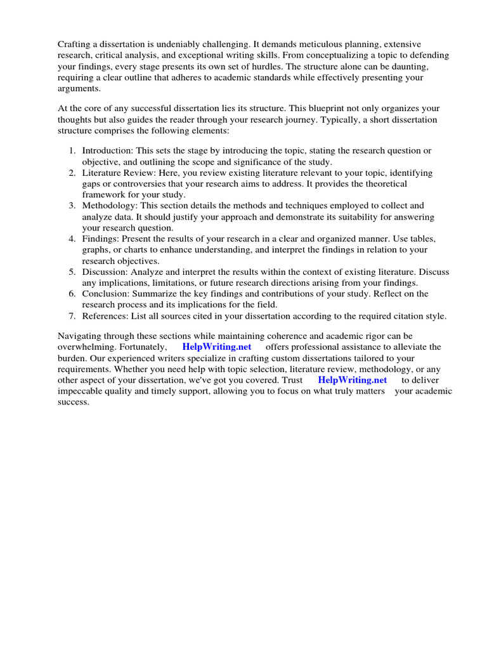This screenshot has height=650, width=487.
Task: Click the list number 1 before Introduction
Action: [71, 150]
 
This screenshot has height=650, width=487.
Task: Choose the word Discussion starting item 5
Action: [105, 272]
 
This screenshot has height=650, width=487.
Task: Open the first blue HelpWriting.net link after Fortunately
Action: [217, 347]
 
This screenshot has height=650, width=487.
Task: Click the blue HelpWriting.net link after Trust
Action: [352, 380]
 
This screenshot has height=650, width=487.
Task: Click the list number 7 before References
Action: [71, 315]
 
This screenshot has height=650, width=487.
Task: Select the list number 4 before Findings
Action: [71, 239]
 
